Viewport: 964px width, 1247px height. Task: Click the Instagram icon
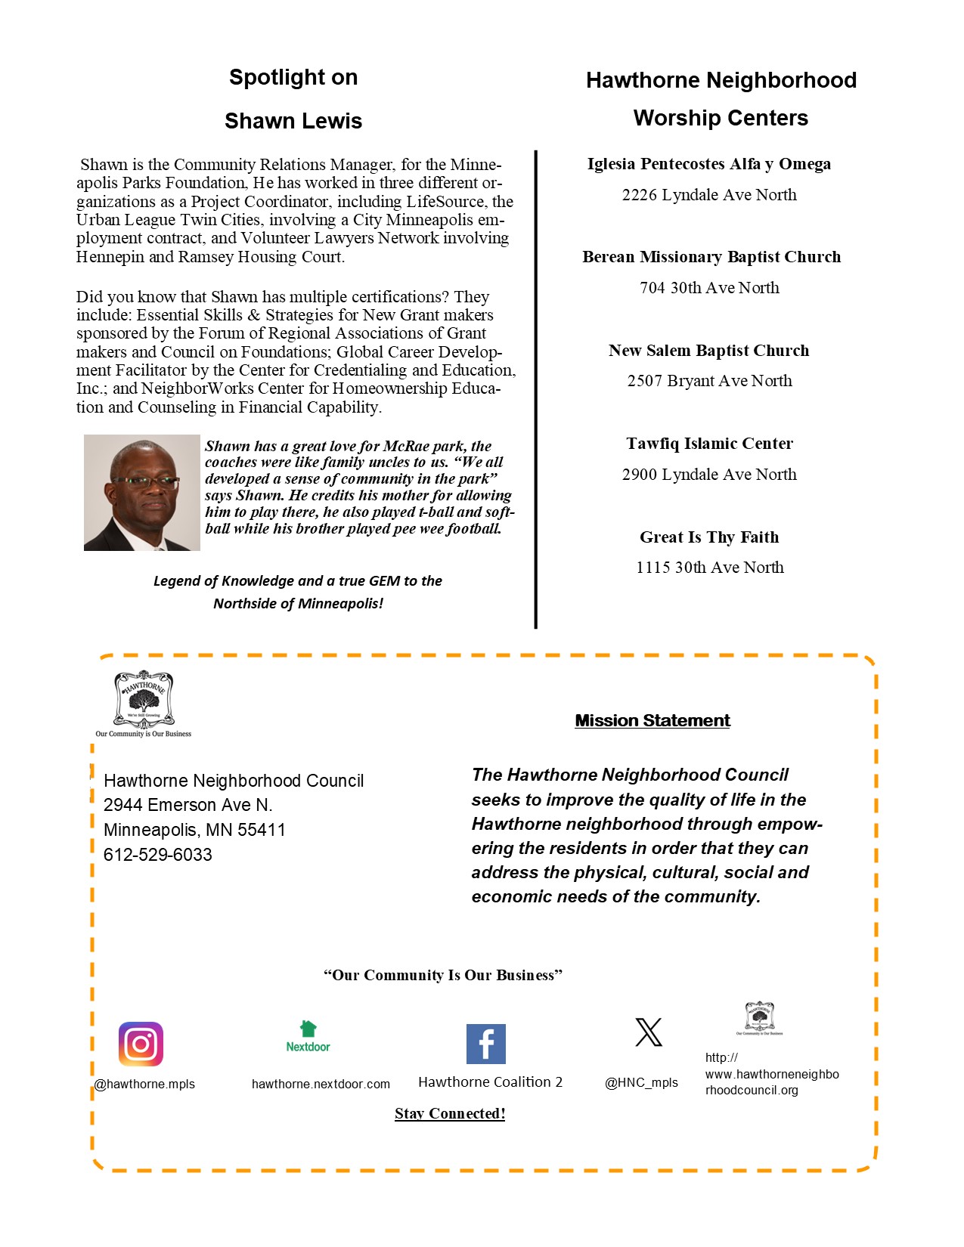tap(141, 1044)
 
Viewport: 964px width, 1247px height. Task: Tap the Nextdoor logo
tap(308, 1037)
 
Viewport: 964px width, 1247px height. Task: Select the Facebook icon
tap(485, 1044)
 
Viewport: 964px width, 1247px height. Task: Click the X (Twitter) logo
tap(648, 1032)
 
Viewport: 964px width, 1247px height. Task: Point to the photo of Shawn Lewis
tap(141, 492)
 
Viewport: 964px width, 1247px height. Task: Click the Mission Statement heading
tap(652, 720)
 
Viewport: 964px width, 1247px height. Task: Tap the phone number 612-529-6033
tap(157, 855)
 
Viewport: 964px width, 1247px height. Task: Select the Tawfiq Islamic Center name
tap(709, 444)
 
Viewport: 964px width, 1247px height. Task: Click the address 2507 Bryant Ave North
tap(709, 381)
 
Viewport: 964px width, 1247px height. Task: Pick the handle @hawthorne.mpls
tap(144, 1084)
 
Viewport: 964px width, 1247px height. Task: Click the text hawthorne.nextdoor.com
tap(321, 1084)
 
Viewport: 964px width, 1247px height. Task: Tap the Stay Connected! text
tap(450, 1113)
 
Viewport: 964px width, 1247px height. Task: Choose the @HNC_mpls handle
tap(641, 1082)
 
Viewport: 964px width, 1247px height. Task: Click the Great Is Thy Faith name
tap(709, 537)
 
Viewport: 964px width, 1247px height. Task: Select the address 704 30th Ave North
tap(709, 288)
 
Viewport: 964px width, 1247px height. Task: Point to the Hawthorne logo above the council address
tap(144, 701)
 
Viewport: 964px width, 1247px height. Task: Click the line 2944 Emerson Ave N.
tap(188, 805)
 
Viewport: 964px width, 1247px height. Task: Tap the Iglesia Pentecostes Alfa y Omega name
tap(709, 164)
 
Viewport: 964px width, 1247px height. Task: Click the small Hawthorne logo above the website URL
tap(759, 1017)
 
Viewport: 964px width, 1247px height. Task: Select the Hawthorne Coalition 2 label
tap(490, 1082)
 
